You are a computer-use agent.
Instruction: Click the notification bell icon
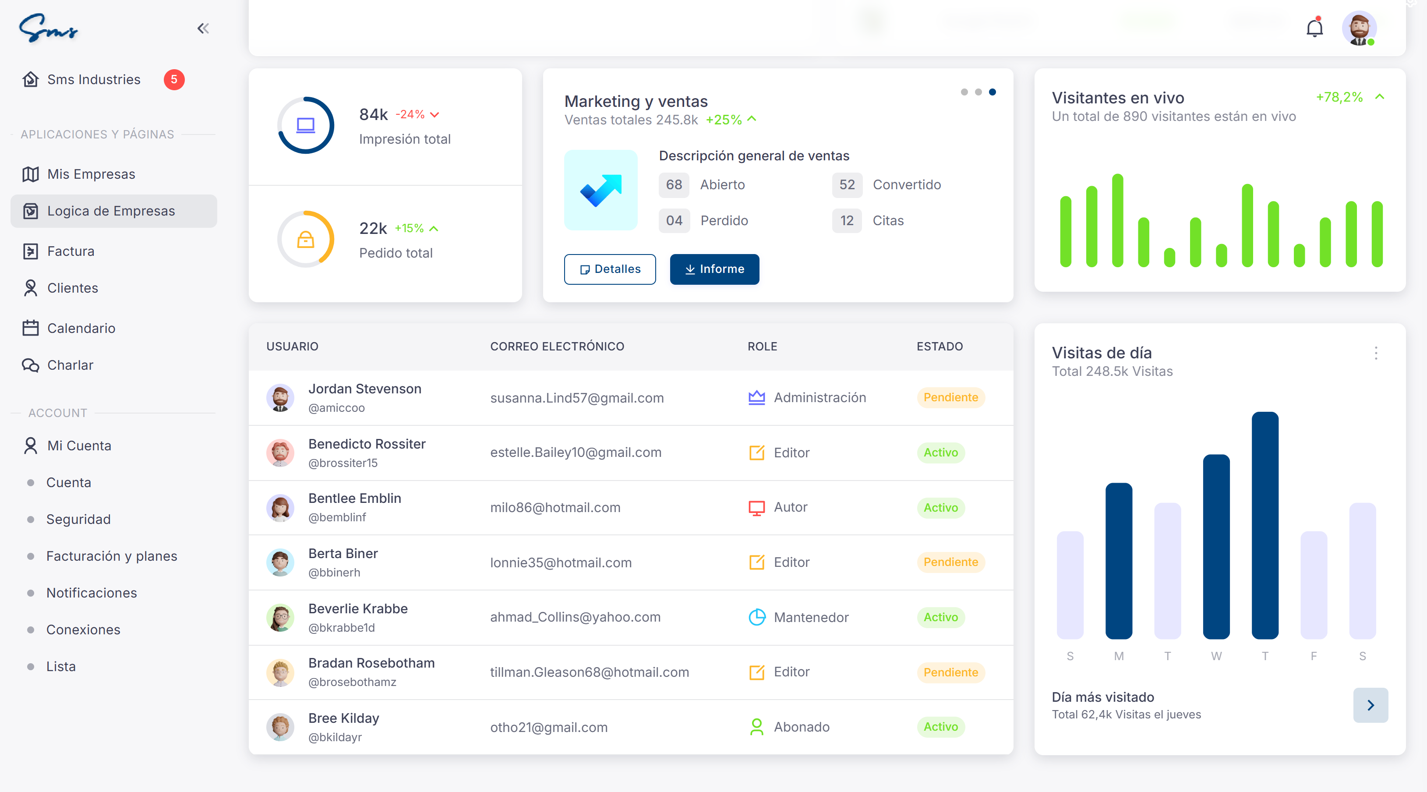coord(1314,28)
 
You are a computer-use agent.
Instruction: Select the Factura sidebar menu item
coord(71,251)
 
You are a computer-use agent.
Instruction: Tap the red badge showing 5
coord(174,80)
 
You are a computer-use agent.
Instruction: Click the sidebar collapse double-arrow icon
coord(203,28)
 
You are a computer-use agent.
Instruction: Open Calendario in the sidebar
coord(81,329)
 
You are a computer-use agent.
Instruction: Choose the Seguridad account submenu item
coord(78,520)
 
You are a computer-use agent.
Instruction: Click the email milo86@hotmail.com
coord(555,507)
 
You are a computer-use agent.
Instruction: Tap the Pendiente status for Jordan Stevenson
coord(950,398)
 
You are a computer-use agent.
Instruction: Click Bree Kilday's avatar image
coord(280,727)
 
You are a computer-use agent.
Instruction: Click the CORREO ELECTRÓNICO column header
coord(557,346)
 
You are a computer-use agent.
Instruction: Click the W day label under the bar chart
coord(1216,656)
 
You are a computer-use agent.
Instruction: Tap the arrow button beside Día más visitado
coord(1370,705)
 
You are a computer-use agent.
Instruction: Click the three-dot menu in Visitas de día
coord(1375,354)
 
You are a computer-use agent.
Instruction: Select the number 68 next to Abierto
coord(674,185)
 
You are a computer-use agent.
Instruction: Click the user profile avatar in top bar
coord(1359,28)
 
